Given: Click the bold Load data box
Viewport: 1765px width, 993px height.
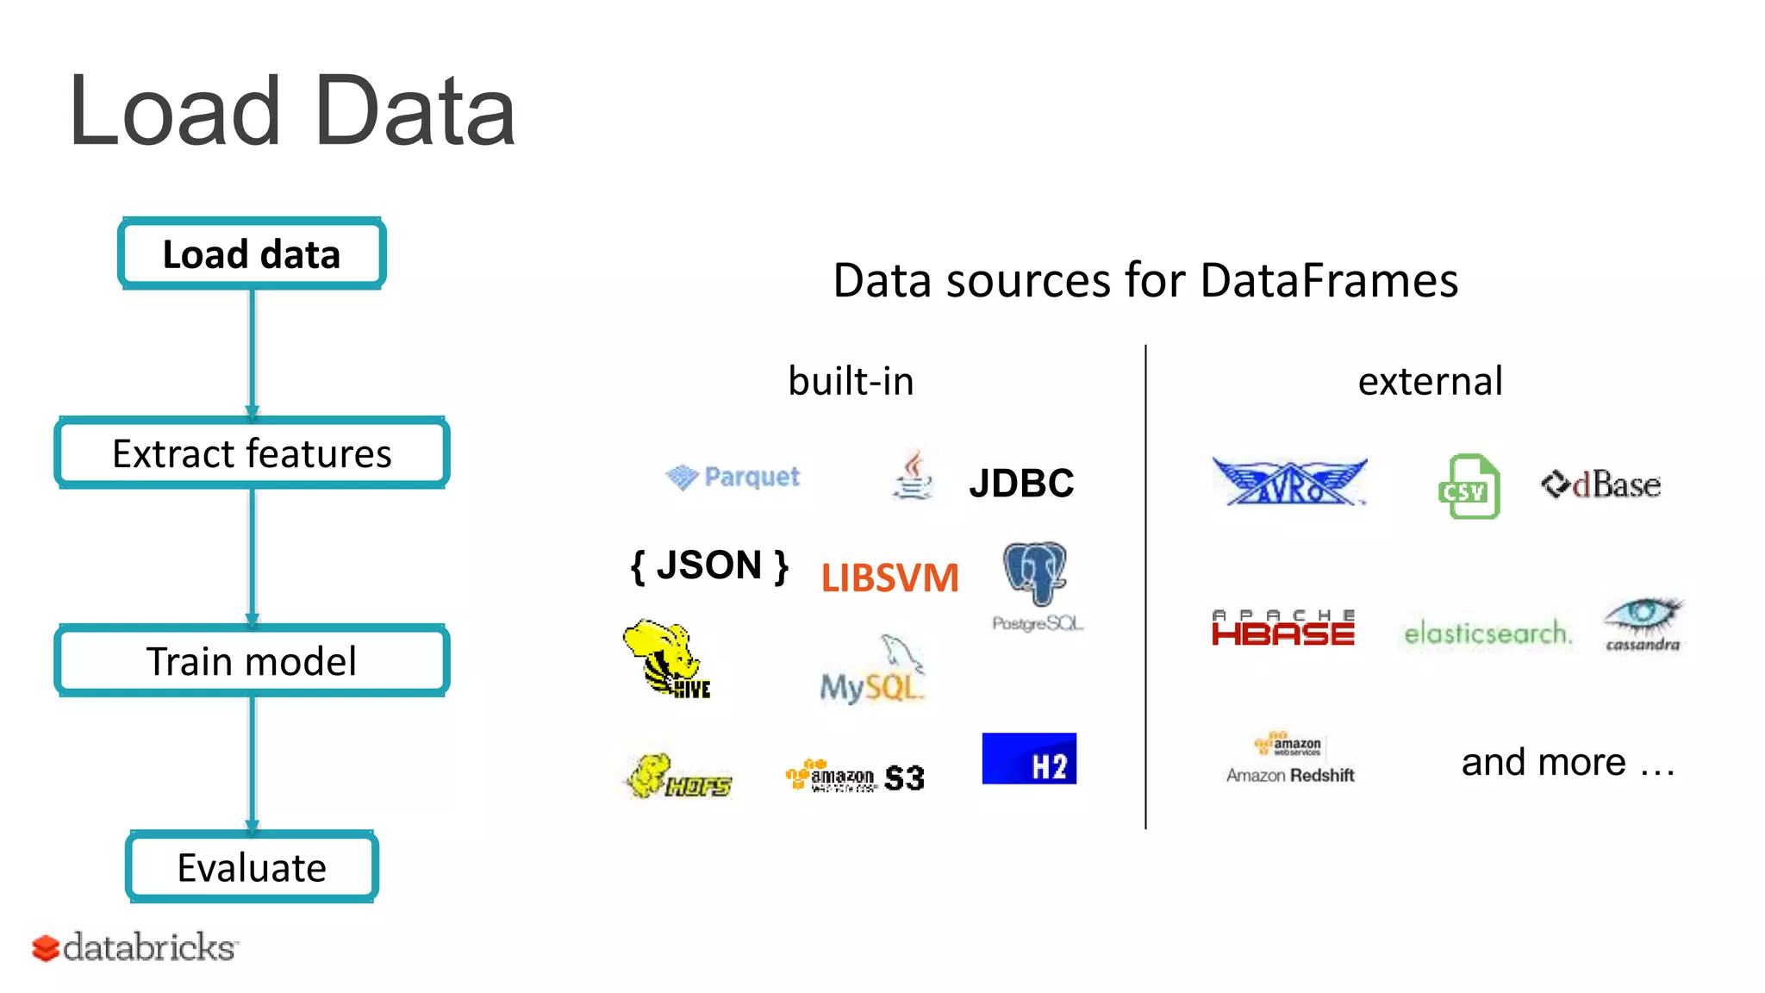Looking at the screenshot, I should click(x=252, y=253).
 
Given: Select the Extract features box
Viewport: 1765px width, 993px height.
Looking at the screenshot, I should click(x=252, y=453).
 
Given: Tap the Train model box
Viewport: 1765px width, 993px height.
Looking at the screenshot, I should click(x=252, y=661).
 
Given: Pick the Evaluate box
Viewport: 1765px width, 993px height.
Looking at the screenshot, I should click(x=252, y=867).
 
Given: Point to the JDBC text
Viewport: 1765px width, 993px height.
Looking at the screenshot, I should click(x=1021, y=483).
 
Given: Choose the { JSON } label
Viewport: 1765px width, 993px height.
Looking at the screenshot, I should click(x=709, y=566).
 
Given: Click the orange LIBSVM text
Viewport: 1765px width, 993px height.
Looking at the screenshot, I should click(x=889, y=578).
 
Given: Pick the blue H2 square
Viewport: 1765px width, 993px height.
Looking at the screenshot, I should click(x=1029, y=759).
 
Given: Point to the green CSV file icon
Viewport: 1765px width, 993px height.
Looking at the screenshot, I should click(x=1469, y=487).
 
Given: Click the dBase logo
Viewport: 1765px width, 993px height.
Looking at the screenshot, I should click(x=1601, y=484).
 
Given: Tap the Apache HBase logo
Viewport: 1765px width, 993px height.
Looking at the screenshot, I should click(x=1283, y=628).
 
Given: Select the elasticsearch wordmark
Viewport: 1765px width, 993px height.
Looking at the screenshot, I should click(x=1487, y=634).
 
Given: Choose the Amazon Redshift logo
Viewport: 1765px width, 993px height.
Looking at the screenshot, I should click(x=1290, y=759).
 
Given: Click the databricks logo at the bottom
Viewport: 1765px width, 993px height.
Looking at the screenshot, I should click(x=135, y=947).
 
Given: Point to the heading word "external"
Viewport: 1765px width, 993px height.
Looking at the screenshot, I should click(x=1431, y=381).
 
